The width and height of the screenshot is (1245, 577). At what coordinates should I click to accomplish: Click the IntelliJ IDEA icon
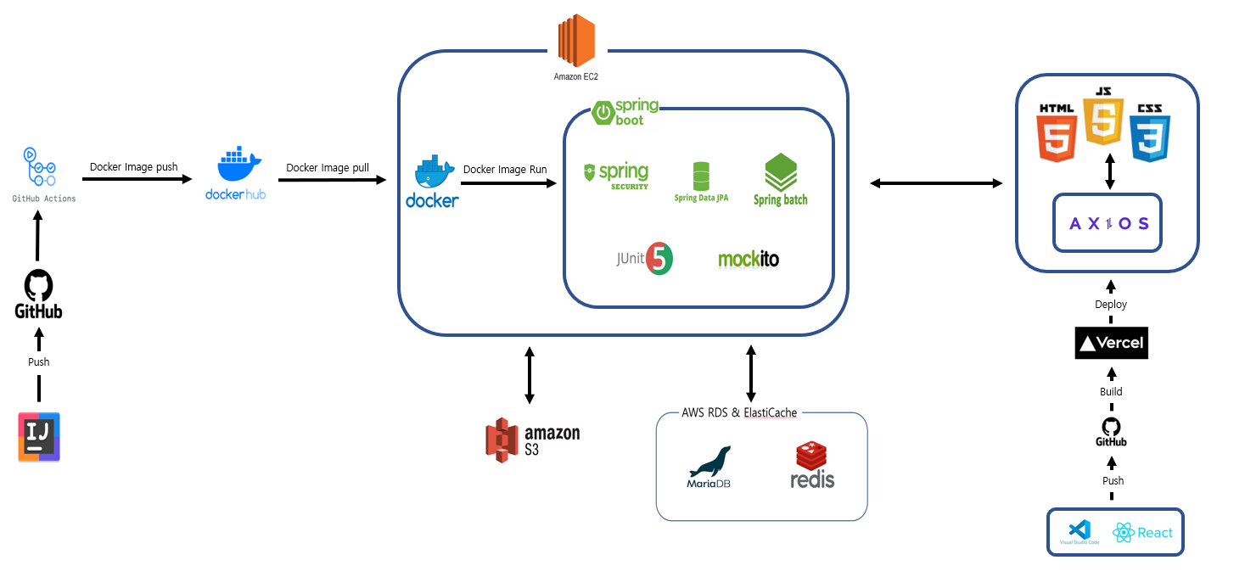[x=39, y=437]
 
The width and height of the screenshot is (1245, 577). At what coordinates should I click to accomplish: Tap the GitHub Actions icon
[x=40, y=168]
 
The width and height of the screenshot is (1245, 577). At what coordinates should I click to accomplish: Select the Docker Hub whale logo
[x=235, y=165]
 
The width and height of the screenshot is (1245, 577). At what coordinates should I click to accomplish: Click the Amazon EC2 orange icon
[x=576, y=41]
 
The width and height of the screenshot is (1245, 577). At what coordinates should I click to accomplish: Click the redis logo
[x=812, y=466]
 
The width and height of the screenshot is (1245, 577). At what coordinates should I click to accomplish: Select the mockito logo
[x=748, y=259]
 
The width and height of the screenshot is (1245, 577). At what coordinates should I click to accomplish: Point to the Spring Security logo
[x=615, y=175]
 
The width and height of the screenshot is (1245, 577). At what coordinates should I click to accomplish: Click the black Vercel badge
[x=1111, y=344]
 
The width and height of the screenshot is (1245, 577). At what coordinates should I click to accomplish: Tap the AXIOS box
[x=1108, y=224]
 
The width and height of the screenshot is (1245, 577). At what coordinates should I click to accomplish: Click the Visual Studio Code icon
[x=1080, y=531]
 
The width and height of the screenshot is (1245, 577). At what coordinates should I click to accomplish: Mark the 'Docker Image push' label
[x=134, y=167]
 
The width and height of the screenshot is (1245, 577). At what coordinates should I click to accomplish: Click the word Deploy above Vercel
[x=1111, y=304]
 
